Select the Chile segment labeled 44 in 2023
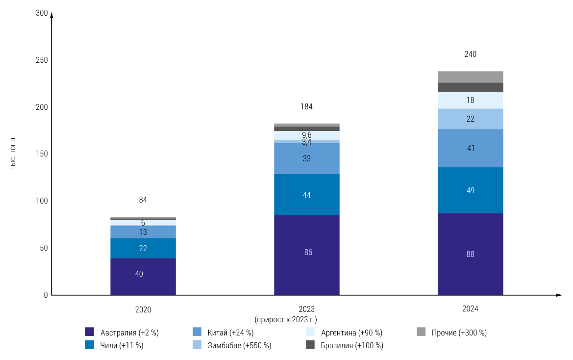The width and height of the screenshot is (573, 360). click(x=306, y=195)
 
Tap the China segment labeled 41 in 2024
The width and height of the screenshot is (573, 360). click(x=470, y=148)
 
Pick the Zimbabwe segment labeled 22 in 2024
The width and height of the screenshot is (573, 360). click(x=470, y=119)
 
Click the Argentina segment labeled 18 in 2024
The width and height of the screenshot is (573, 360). click(x=470, y=100)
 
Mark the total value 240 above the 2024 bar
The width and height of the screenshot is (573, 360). click(x=470, y=54)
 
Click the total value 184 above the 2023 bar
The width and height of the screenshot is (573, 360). click(x=306, y=107)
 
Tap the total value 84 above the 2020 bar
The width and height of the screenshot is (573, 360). click(x=143, y=200)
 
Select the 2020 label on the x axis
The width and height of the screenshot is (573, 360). click(x=143, y=310)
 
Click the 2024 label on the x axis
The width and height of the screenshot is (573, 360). click(x=470, y=309)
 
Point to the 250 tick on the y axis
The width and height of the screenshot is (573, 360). click(x=41, y=60)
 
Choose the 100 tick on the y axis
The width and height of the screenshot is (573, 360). click(x=41, y=201)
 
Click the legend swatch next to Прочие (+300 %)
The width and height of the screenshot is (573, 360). click(x=421, y=332)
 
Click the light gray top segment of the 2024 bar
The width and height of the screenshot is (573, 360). click(x=470, y=77)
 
